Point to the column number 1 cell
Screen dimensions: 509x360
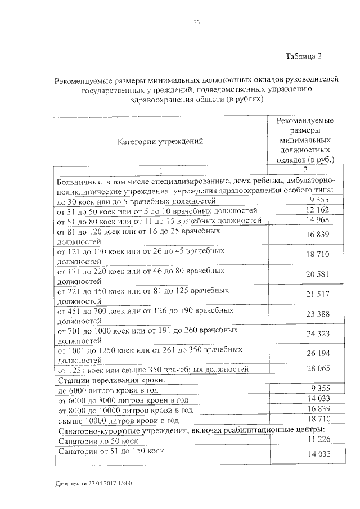[160, 170]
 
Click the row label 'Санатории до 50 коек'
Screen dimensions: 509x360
[97, 441]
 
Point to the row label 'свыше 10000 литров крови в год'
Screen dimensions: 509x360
[118, 420]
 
